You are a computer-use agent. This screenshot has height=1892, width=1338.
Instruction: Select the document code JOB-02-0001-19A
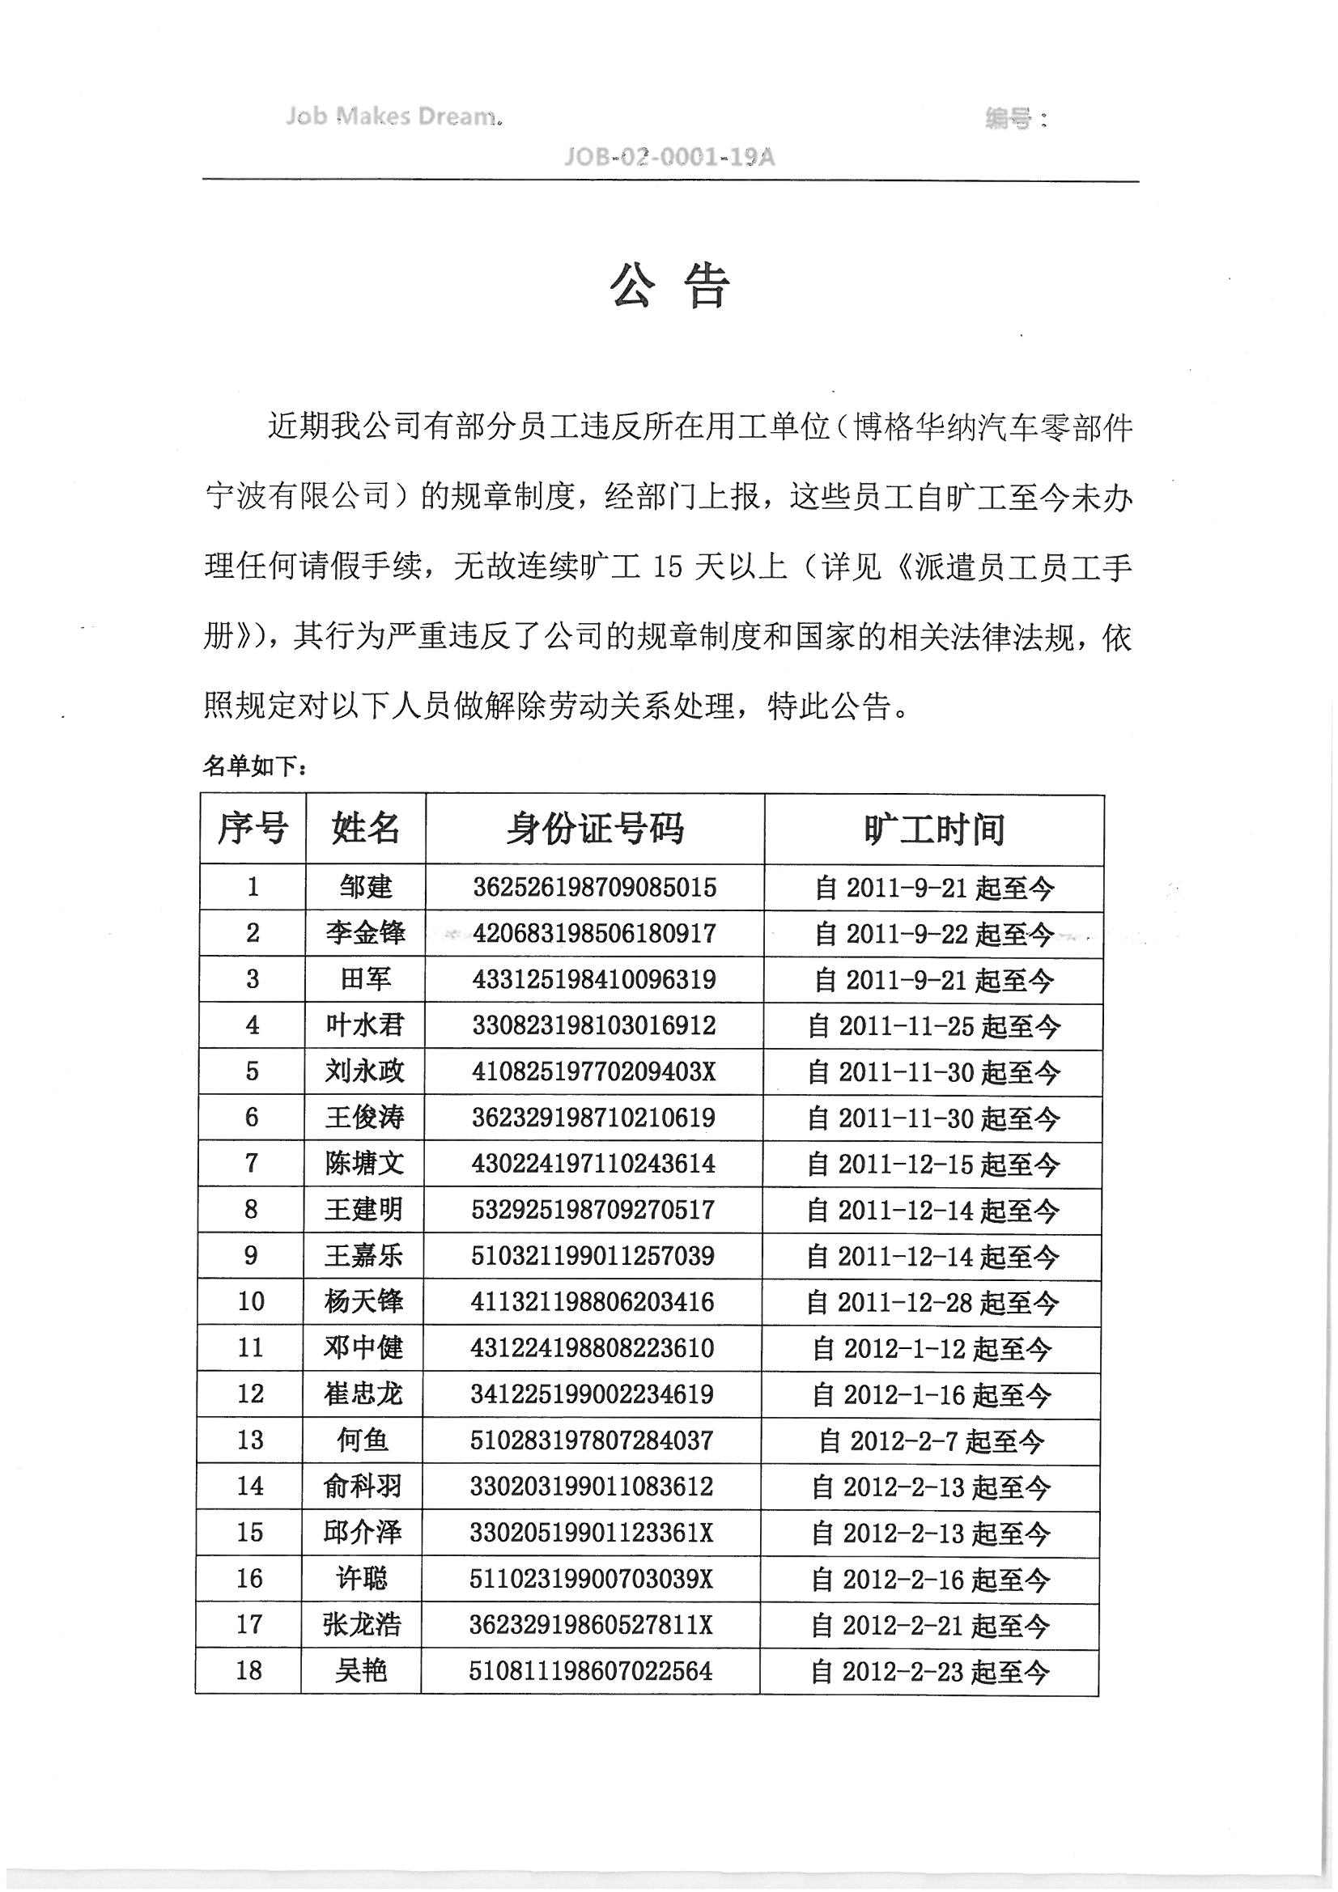coord(669,156)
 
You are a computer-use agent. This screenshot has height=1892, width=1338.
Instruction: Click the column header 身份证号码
coord(594,828)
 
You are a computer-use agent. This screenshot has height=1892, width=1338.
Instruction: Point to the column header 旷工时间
coord(933,829)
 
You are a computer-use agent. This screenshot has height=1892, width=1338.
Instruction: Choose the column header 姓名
coord(365,827)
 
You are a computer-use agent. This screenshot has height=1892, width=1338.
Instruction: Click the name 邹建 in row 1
coord(365,887)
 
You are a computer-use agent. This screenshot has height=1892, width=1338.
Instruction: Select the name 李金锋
coord(365,933)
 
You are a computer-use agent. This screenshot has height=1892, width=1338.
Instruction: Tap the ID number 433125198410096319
coord(593,979)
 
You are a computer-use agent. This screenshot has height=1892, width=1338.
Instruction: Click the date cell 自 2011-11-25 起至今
coord(933,1026)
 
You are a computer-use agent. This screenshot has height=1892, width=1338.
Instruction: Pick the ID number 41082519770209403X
coord(593,1071)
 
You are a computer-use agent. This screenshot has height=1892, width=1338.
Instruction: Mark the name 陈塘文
coord(364,1163)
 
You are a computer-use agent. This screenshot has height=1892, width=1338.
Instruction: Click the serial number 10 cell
coord(251,1301)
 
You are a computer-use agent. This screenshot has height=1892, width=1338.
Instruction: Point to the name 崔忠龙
coord(363,1394)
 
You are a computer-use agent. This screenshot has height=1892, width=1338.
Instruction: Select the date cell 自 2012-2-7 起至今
coord(932,1440)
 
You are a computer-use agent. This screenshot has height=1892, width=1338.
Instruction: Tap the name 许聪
coord(362,1578)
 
